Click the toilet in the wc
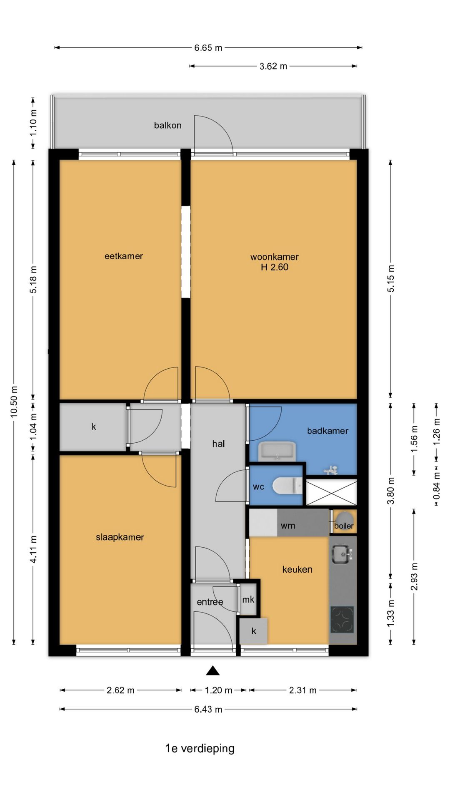coord(288,486)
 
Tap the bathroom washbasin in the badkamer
coord(277,452)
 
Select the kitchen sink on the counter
coord(342,554)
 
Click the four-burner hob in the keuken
coord(342,619)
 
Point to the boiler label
coord(344,526)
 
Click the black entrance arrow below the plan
coord(212,670)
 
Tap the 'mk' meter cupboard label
coord(248,600)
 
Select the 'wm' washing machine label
coord(288,526)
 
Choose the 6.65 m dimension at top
coord(208,48)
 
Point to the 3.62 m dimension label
coord(273,66)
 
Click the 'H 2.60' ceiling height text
coord(275,267)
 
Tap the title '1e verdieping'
coord(200,749)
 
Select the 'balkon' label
coord(168,125)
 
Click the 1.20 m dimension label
coord(218,690)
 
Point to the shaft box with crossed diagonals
coord(332,493)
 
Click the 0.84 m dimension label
coord(437,486)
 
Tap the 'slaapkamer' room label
coord(120,537)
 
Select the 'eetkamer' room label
coord(124,256)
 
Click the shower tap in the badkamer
coord(331,470)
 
